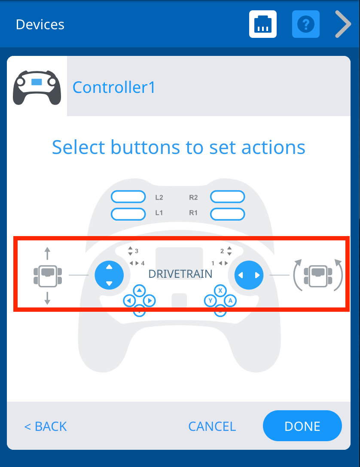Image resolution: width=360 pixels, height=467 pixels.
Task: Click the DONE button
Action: pos(302,426)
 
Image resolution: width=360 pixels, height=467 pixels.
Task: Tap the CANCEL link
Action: pos(212,426)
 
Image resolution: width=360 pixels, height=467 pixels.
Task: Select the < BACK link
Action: pos(46,426)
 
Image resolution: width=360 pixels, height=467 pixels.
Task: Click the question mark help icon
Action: pos(306,24)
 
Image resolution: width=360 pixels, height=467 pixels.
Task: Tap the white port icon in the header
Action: pos(263,24)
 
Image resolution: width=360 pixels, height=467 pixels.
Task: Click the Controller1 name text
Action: pos(114,87)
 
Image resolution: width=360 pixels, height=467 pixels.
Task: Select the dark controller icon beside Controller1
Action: pos(37,87)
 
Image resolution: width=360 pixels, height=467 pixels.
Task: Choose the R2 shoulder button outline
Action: pos(227,197)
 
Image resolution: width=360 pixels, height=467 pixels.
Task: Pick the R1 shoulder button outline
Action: pos(227,213)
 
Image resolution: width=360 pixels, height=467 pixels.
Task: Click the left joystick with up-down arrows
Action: pos(109,275)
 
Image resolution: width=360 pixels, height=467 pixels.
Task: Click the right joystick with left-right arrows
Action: pos(249,275)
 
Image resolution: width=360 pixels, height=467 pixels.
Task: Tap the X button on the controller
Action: pos(220,291)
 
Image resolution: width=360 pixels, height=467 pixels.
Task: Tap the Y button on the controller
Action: pos(210,301)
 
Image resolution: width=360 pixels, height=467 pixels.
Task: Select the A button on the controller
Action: pos(230,301)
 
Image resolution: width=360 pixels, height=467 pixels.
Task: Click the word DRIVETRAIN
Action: pos(180,274)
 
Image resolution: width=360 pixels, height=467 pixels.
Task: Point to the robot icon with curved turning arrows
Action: pos(317,275)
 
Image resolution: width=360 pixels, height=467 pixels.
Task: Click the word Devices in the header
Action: pos(40,25)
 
